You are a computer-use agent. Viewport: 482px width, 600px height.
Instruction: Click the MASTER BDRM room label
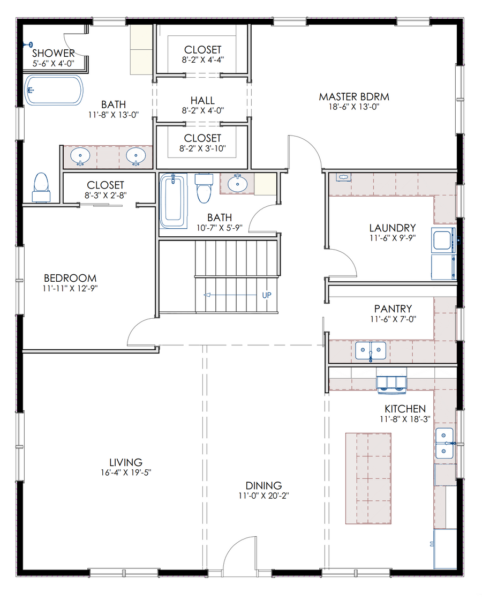354,97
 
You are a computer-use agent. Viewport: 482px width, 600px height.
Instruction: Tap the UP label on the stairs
267,295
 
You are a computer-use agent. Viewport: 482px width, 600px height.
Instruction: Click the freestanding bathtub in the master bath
54,91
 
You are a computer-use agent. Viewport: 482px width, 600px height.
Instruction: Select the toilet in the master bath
41,187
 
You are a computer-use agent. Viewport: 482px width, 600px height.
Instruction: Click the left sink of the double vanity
80,156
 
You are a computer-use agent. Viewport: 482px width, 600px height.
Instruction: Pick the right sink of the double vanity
136,156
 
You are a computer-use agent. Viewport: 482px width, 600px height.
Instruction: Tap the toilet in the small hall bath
204,188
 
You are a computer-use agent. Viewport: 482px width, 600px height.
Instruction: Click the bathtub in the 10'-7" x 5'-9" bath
174,201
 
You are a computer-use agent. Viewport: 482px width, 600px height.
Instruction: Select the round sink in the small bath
238,183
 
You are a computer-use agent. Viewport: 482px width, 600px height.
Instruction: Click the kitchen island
368,478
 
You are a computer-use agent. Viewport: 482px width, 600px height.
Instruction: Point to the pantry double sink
370,351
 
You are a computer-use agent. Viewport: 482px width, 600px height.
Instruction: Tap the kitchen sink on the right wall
445,443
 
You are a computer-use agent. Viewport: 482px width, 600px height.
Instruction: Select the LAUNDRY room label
393,228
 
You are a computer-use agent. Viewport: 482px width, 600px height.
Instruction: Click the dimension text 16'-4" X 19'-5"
126,472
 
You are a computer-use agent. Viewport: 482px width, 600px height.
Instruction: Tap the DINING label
263,485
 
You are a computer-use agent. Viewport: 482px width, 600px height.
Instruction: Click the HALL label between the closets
202,101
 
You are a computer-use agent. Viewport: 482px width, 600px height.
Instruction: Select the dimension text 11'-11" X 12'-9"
70,289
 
